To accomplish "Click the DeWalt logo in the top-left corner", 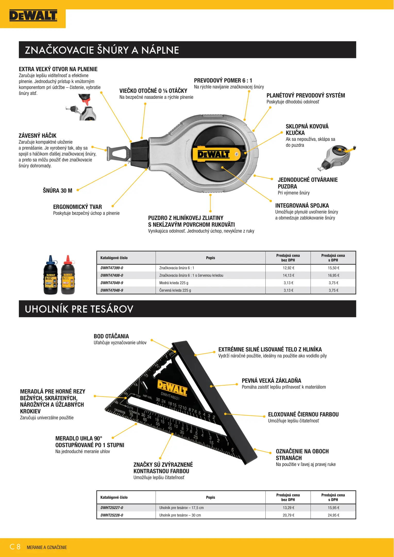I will tap(33, 15).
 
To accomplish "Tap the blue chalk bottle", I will tap(51, 276).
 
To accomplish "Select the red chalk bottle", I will tap(68, 276).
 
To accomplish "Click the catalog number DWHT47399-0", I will tap(112, 268).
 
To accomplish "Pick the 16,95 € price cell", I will tap(333, 275).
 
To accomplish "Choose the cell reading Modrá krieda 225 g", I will tap(174, 283).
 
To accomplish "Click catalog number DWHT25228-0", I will tap(112, 515).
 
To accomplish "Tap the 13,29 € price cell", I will tap(288, 508).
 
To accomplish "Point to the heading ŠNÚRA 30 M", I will tap(57, 191).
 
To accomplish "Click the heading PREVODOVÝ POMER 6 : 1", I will tap(223, 80).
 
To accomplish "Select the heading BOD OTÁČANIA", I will tap(111, 336).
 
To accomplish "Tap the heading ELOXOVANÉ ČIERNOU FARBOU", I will tap(303, 414).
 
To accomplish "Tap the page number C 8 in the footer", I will tap(15, 547).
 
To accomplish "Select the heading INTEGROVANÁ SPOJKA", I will tap(302, 206).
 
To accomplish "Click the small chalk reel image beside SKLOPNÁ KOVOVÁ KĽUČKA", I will tap(338, 157).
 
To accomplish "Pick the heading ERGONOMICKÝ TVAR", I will tap(77, 207).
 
